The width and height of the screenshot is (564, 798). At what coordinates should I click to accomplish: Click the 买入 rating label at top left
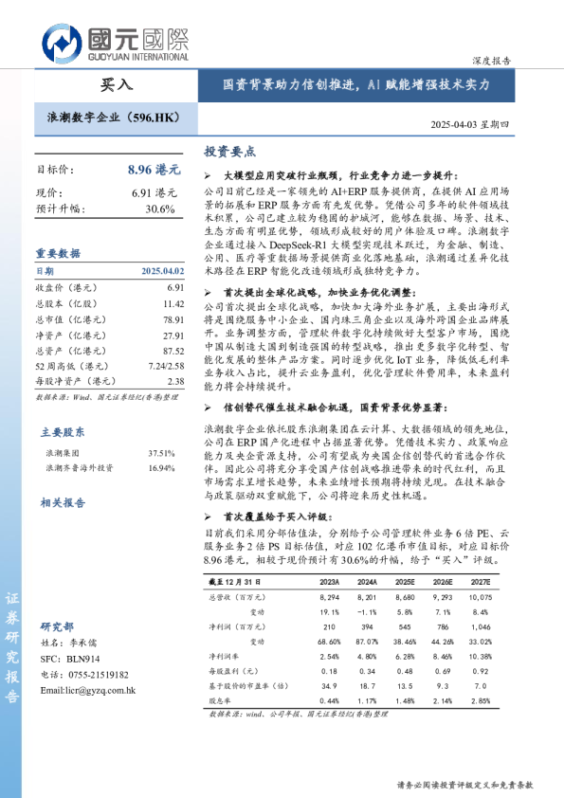(x=117, y=84)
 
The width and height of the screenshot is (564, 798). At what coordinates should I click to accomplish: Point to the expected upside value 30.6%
(x=160, y=209)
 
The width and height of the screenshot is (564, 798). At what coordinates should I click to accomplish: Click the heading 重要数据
(x=58, y=254)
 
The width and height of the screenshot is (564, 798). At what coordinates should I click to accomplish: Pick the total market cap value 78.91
(x=173, y=320)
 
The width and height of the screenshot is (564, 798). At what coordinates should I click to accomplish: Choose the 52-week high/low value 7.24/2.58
(x=165, y=366)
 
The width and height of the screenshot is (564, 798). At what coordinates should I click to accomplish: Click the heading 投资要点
(x=230, y=152)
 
